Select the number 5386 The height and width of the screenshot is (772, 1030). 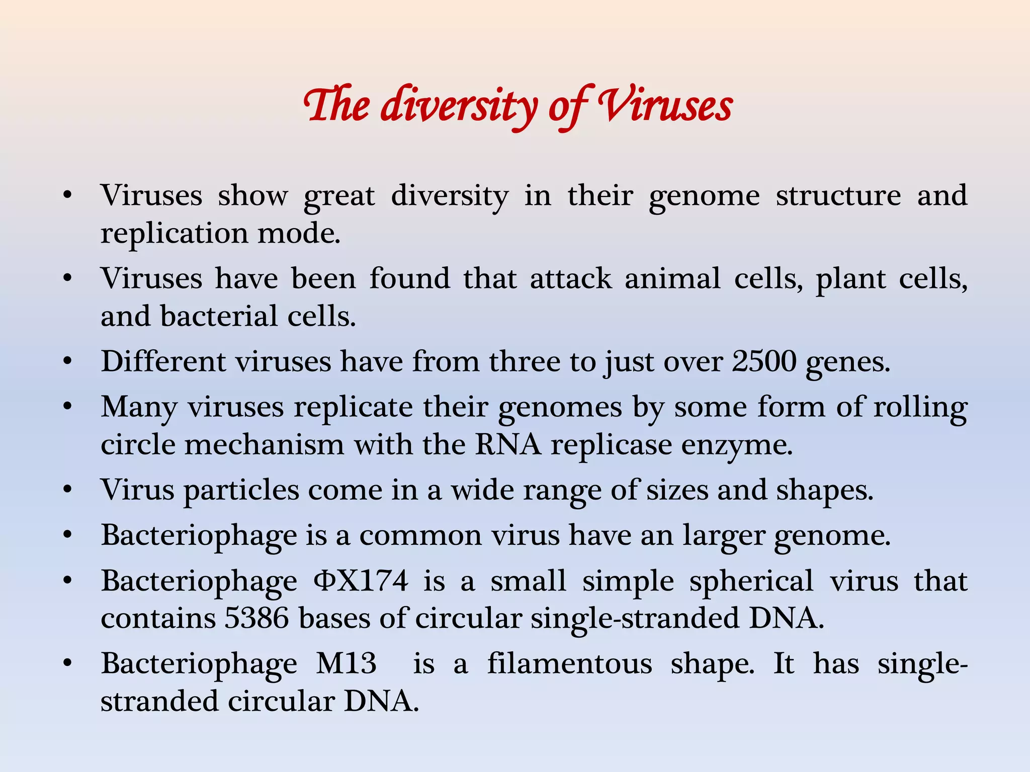(256, 618)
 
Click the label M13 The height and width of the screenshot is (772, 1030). (346, 663)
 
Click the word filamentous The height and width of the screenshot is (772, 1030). (569, 663)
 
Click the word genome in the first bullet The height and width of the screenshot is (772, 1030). (704, 196)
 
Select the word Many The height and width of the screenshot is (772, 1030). (139, 407)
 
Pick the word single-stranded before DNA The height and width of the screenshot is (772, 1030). (635, 618)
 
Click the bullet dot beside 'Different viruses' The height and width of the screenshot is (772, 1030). (68, 361)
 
